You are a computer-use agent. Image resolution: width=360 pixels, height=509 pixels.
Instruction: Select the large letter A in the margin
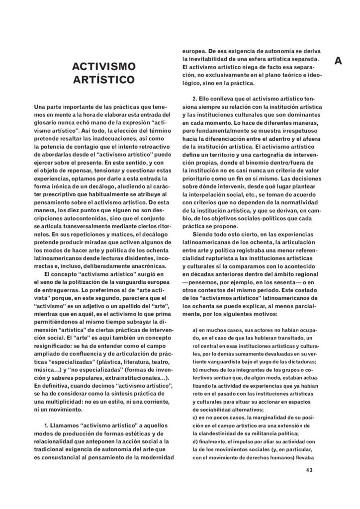338,61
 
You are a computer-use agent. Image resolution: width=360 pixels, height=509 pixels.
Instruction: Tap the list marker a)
195,330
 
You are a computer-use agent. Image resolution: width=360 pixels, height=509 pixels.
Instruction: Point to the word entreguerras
55,289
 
